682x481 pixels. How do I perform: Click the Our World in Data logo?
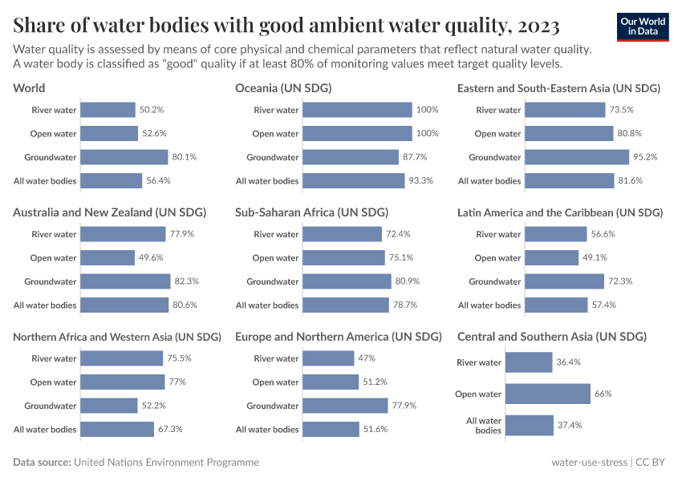(643, 26)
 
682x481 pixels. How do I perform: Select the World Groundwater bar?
(124, 157)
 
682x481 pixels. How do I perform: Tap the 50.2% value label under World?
(152, 110)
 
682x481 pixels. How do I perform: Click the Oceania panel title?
(283, 88)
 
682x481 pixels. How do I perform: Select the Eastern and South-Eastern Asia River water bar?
(566, 110)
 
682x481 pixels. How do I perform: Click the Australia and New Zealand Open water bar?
(108, 258)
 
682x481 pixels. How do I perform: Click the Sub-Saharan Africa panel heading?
(311, 212)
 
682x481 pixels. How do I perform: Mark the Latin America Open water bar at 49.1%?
(552, 258)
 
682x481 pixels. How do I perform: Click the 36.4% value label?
(569, 362)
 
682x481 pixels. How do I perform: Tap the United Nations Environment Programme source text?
(166, 463)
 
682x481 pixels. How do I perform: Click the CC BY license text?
(653, 463)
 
